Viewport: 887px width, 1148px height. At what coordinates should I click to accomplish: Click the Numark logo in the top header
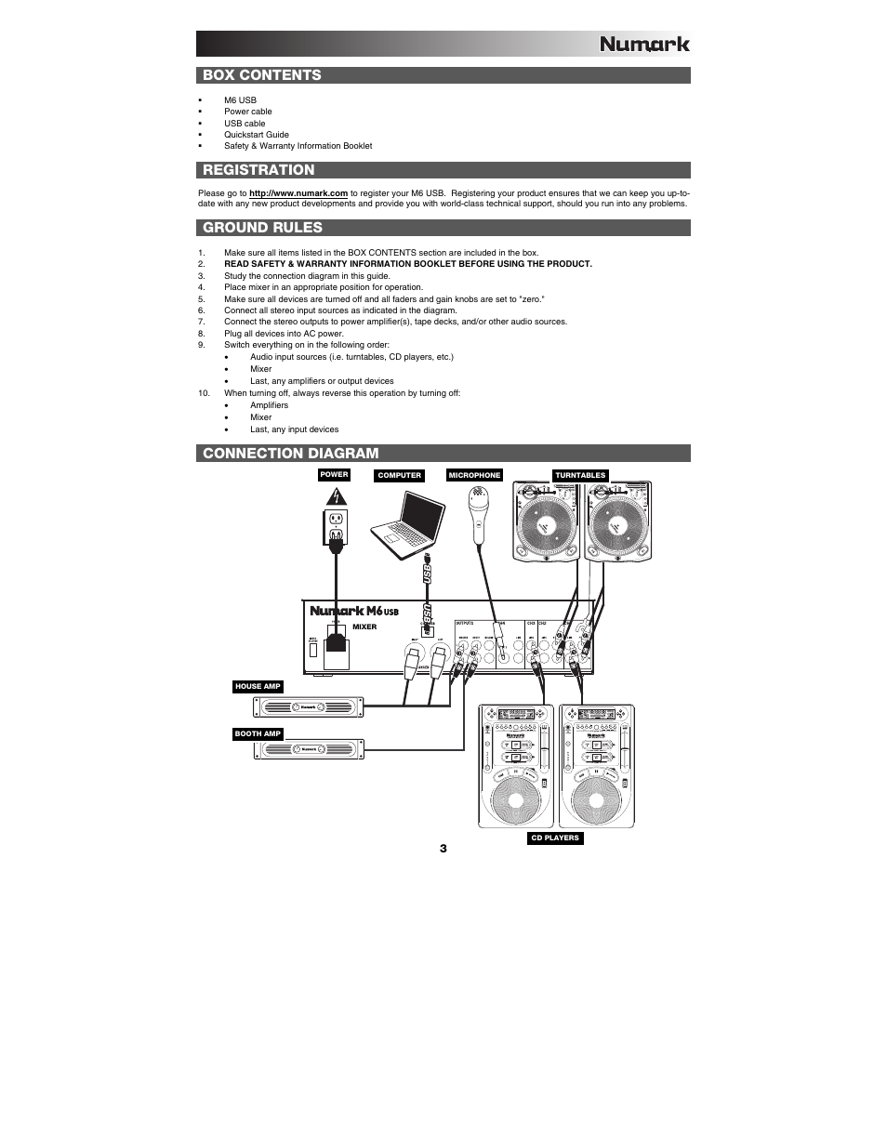643,43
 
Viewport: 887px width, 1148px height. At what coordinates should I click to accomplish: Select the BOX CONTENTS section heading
262,75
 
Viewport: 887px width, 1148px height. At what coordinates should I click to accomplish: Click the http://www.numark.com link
298,193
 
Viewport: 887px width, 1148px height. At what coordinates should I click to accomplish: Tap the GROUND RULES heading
263,228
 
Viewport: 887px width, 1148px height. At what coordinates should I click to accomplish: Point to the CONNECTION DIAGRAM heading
291,454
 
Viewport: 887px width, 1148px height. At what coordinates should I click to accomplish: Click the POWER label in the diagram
334,475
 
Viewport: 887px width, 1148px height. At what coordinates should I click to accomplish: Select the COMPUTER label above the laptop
399,476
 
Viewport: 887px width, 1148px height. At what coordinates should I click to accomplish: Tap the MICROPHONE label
474,476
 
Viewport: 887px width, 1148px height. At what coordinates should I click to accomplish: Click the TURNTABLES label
580,476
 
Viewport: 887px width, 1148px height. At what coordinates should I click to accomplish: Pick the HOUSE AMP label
258,687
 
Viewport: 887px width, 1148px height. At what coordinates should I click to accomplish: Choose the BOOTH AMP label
258,734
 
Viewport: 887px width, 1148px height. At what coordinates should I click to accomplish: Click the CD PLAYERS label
554,838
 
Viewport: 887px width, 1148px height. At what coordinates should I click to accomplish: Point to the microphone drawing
480,517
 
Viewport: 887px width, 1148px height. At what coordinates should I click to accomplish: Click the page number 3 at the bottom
443,849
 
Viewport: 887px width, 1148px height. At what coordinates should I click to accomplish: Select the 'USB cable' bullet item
245,123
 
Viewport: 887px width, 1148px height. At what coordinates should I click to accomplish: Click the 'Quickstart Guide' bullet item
256,135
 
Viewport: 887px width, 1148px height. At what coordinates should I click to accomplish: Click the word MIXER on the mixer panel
364,627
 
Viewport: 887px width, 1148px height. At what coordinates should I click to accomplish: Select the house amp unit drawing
311,707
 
